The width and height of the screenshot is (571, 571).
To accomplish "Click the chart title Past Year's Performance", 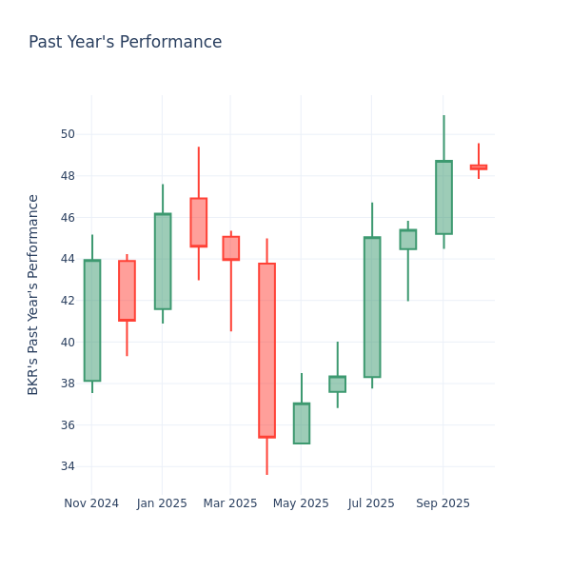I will click(125, 43).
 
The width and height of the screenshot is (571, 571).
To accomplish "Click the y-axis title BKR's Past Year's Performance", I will click(33, 294).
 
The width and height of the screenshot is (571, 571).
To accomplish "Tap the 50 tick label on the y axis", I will click(69, 134).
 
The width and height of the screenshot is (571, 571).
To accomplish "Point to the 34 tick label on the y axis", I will click(69, 466).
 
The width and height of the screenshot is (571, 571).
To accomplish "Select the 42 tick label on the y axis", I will click(69, 301).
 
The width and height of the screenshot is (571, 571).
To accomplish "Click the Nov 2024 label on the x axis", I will click(91, 503).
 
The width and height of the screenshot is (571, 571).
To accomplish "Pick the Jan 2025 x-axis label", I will click(162, 503).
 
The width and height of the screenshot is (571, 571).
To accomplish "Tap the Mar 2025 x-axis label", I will click(230, 503).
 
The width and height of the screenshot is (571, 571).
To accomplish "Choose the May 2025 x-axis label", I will click(300, 503).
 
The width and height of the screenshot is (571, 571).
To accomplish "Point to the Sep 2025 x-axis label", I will click(443, 503).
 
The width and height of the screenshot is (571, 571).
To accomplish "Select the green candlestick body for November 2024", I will click(92, 321).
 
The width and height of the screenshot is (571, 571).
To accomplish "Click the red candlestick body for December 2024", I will click(127, 290).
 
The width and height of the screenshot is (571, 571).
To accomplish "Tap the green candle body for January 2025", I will click(163, 262).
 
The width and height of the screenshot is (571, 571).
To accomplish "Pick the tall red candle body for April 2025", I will click(266, 350).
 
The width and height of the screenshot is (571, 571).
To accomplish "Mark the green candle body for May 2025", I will click(302, 423).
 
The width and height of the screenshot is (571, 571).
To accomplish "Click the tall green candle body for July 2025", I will click(372, 307).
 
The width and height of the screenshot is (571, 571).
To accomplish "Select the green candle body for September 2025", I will click(443, 197).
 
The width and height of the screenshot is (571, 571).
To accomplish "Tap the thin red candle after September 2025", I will click(478, 167).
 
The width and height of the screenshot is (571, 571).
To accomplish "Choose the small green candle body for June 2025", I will click(337, 384).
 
